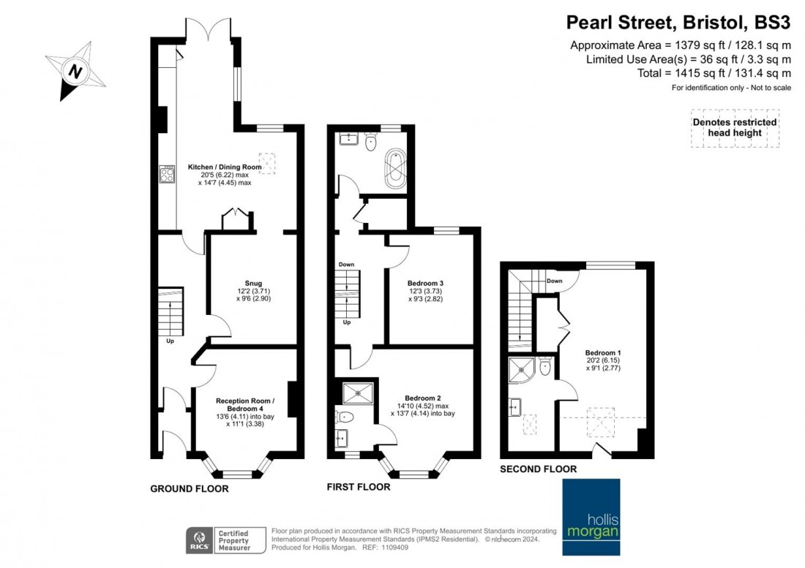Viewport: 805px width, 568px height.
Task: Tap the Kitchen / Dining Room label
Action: coord(225,167)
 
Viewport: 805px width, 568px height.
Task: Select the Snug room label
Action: coord(253,283)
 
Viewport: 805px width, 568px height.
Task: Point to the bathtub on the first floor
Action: coord(395,167)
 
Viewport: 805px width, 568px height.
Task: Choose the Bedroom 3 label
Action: coord(425,283)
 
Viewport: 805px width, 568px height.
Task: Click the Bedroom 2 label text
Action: coord(422,398)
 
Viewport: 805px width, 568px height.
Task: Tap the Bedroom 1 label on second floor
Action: coord(603,352)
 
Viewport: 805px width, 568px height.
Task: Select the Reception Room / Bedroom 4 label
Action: coord(245,404)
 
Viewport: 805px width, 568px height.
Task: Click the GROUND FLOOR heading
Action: coord(190,489)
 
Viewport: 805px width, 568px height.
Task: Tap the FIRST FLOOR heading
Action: coord(359,487)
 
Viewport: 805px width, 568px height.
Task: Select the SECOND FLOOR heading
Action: coord(538,469)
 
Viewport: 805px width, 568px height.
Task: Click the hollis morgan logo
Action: coord(591,517)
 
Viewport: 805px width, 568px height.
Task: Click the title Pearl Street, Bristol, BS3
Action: coord(678,23)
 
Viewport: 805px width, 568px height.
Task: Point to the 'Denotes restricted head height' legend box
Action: coord(735,128)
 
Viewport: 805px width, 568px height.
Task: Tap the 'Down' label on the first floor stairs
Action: coord(347,265)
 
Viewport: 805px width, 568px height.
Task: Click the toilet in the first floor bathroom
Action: coord(371,142)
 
